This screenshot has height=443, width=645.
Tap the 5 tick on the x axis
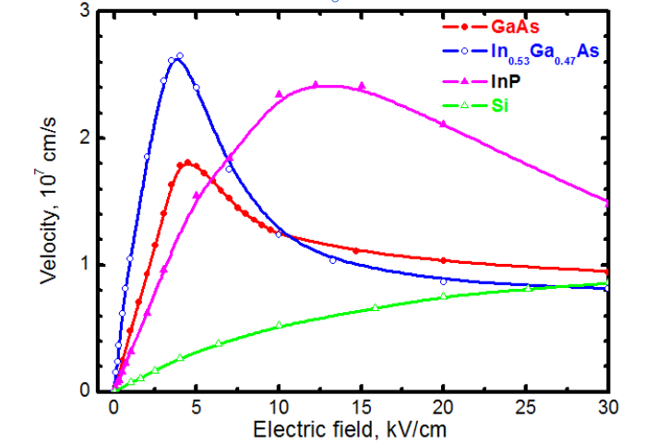click(x=196, y=407)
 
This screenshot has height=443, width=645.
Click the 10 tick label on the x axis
click(x=278, y=407)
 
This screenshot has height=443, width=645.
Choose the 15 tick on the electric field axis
click(x=361, y=407)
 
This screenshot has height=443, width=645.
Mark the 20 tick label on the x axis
click(x=443, y=407)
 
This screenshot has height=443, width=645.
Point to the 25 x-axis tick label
click(x=526, y=407)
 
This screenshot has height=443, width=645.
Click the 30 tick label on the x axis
click(x=607, y=407)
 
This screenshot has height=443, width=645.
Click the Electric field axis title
click(x=360, y=428)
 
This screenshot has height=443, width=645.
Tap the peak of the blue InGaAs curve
click(x=178, y=57)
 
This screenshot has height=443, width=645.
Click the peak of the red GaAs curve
click(x=187, y=162)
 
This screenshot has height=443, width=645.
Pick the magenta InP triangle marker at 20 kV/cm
click(x=444, y=124)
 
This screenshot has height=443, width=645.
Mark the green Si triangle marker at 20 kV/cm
click(x=444, y=296)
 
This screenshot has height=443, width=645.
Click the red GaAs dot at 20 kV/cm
click(x=444, y=260)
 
